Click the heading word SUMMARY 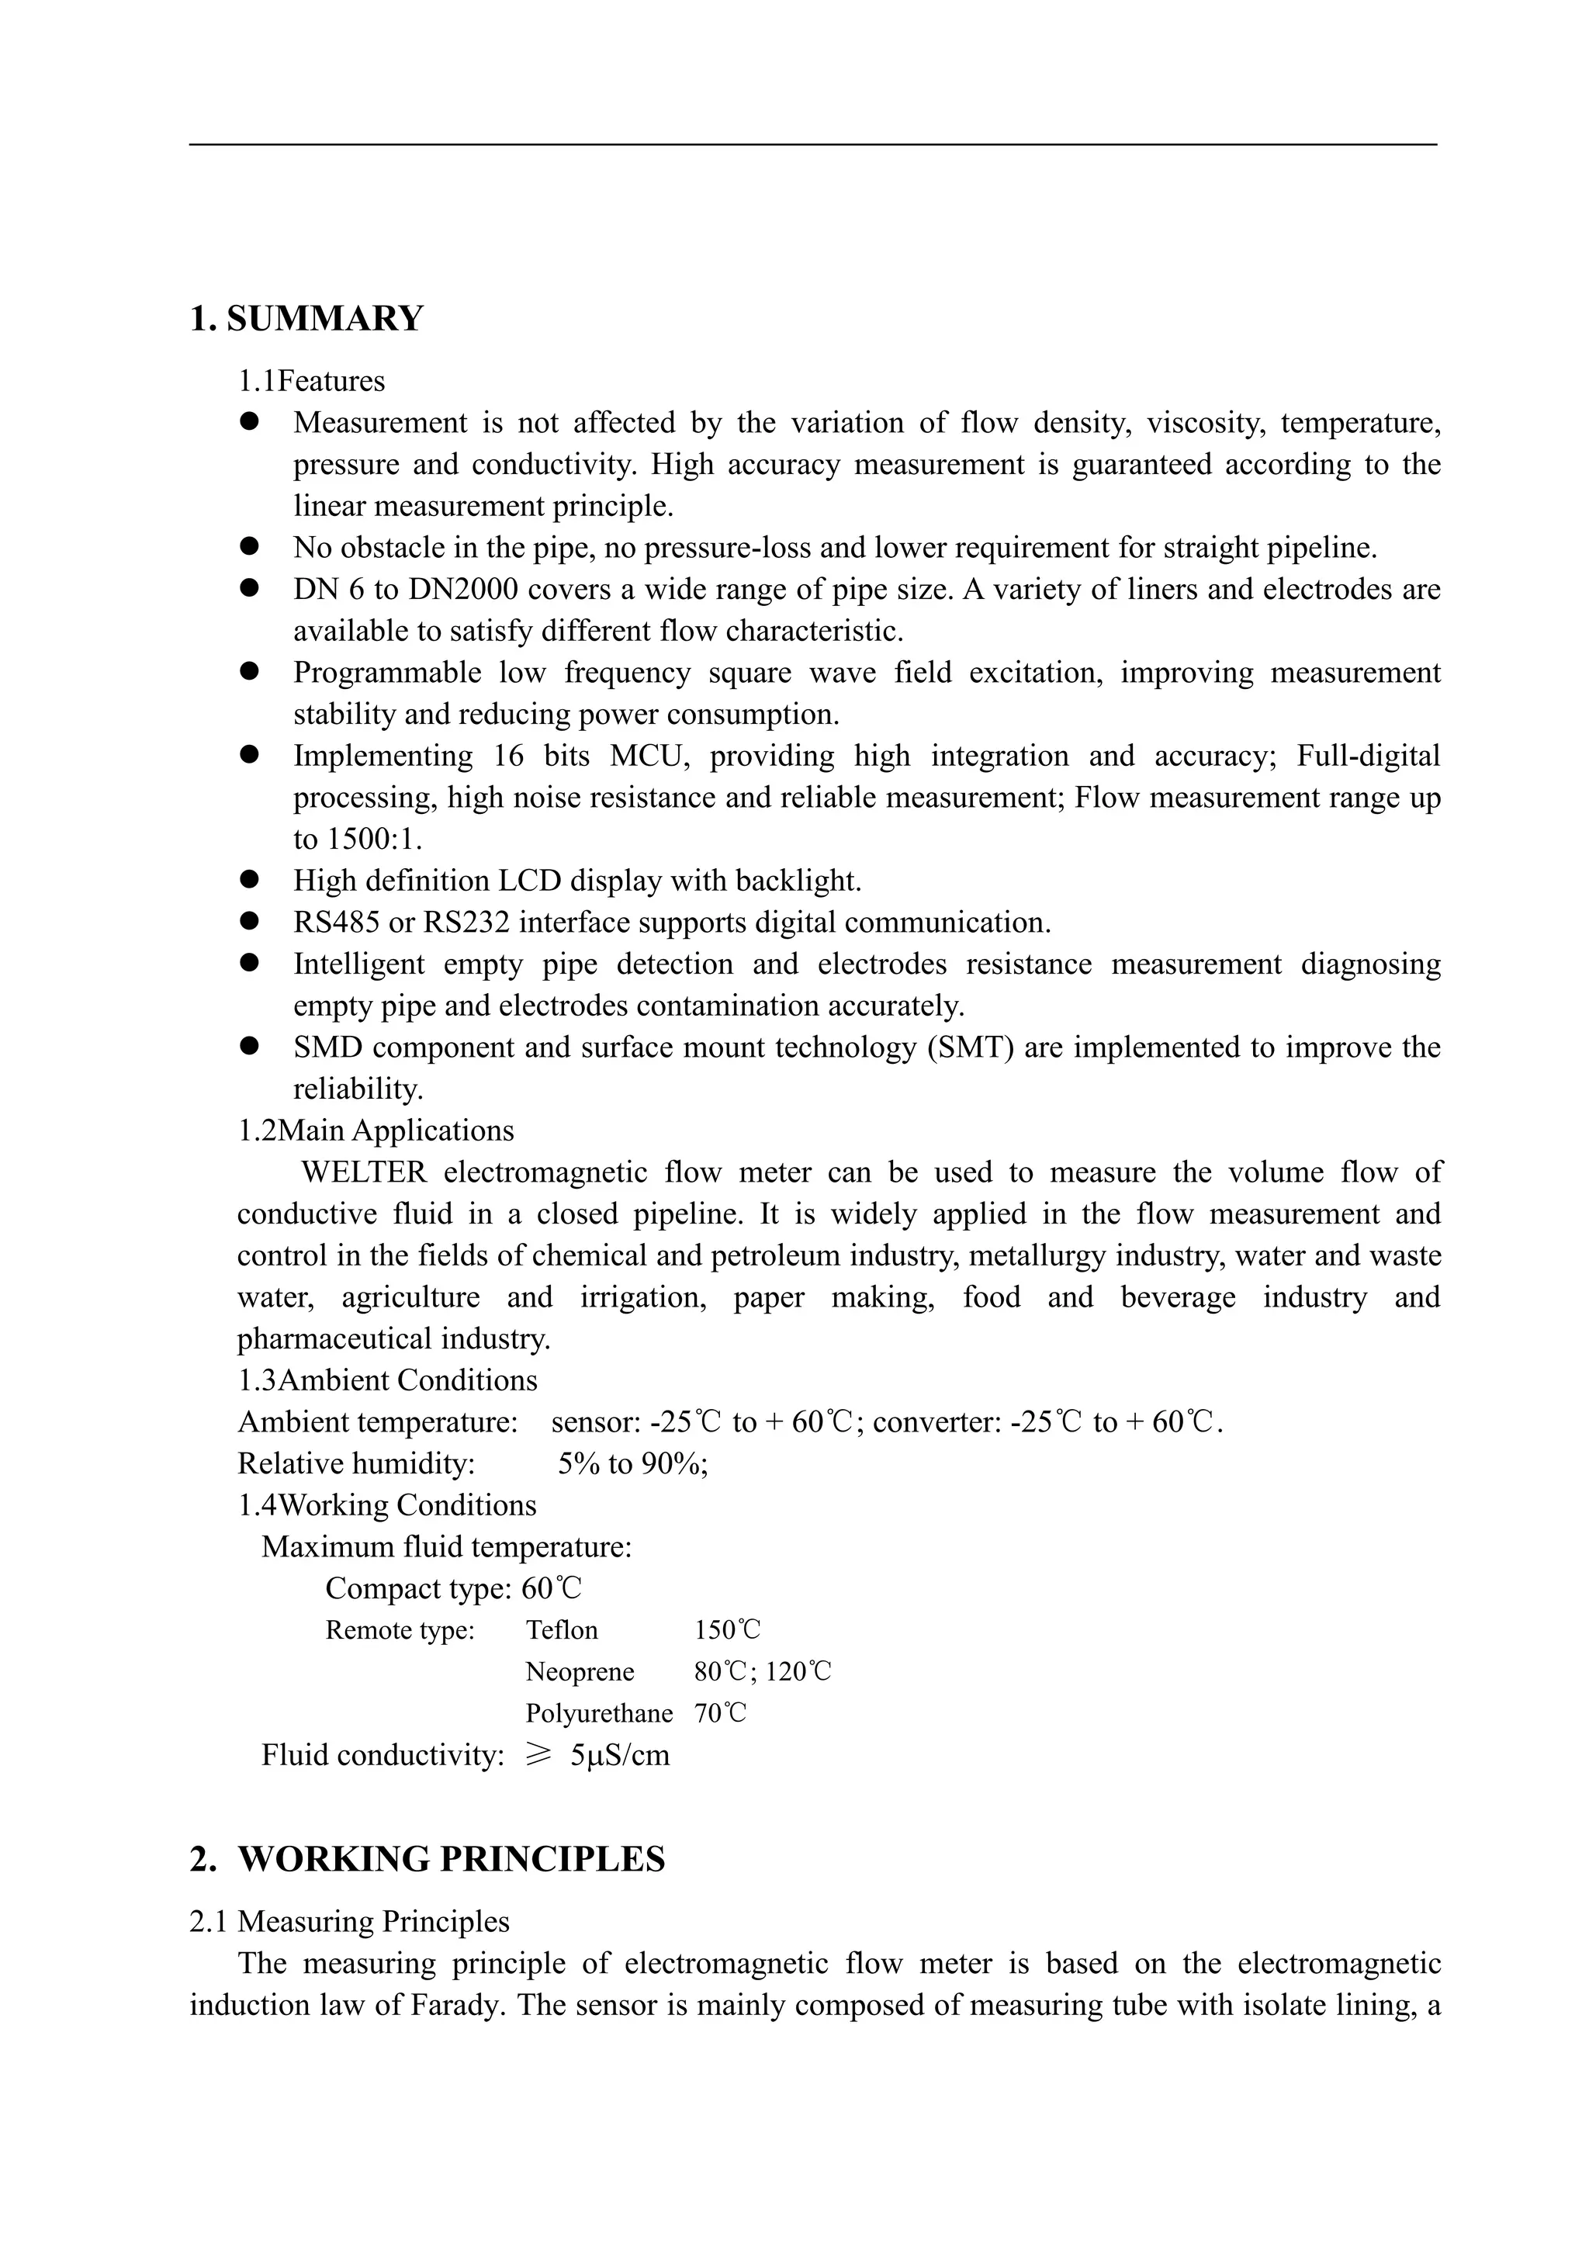(325, 319)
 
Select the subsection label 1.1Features (311, 381)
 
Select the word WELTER (364, 1172)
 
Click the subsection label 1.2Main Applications (376, 1130)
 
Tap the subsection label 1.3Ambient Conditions (387, 1380)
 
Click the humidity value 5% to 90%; (633, 1463)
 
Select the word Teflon (562, 1629)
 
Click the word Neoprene (580, 1671)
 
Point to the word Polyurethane (599, 1712)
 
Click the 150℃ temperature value (727, 1629)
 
